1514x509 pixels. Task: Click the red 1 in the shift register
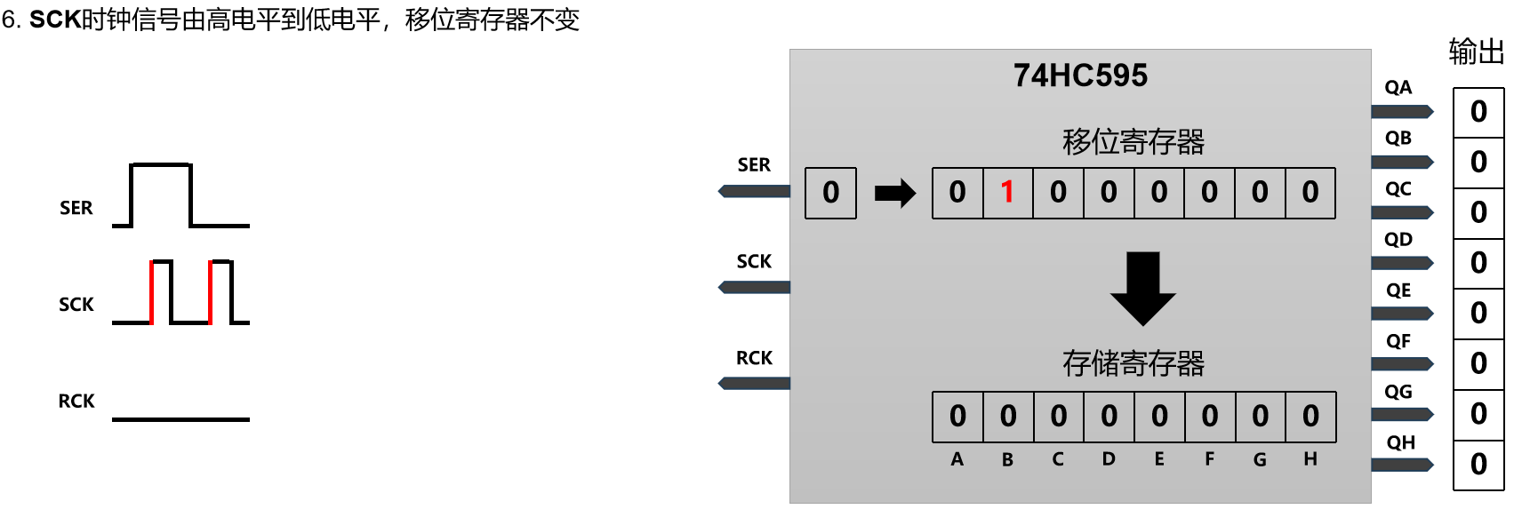coord(1007,193)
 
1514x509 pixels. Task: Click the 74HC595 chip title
coord(1080,76)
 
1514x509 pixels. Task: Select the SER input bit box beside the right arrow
coord(830,193)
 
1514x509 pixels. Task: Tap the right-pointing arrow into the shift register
coord(894,193)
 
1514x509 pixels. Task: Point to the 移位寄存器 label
coord(1133,142)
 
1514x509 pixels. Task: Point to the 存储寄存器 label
coord(1133,363)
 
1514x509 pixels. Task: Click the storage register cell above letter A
coord(957,417)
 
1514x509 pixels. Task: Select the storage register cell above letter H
coord(1310,417)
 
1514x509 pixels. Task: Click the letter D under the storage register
coord(1109,459)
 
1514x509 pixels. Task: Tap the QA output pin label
coord(1398,87)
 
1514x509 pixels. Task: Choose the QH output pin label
coord(1400,442)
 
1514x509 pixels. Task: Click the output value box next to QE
coord(1478,314)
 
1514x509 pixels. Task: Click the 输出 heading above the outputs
coord(1476,52)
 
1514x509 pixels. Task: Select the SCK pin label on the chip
coord(754,261)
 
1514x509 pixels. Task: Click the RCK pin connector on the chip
coord(754,383)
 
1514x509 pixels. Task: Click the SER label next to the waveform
coord(76,208)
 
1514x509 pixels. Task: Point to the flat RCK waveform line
coord(180,418)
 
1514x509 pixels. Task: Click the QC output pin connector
coord(1402,212)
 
